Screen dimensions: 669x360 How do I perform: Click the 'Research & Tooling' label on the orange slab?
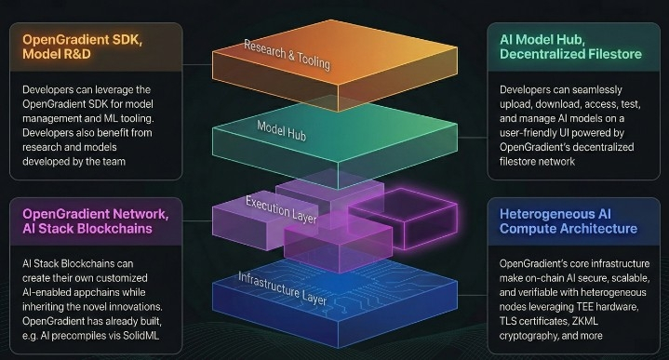point(288,55)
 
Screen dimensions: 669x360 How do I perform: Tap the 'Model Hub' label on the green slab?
point(282,130)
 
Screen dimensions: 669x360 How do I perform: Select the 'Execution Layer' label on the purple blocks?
point(281,210)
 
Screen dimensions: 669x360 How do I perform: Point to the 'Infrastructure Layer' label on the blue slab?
point(282,288)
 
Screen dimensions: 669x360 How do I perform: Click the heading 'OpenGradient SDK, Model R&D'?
point(82,47)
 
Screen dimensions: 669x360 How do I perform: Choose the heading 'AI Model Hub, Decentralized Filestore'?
point(570,47)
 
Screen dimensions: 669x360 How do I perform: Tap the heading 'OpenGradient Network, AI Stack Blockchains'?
point(96,221)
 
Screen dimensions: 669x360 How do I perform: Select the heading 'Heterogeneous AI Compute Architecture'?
point(569,221)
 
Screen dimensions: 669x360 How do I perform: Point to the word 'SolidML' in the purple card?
point(140,336)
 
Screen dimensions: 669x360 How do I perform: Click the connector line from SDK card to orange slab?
point(197,65)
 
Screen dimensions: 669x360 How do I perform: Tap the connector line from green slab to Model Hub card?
point(473,138)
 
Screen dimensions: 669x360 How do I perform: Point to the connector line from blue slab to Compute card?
point(473,295)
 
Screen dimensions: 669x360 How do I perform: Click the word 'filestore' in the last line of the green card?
point(516,162)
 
